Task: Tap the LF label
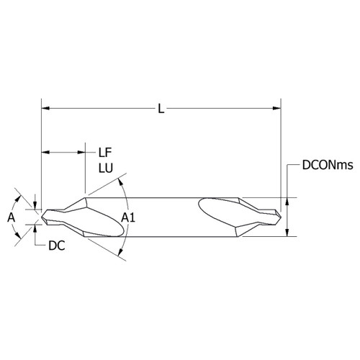point(104,152)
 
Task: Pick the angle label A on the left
point(10,215)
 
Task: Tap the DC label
point(57,246)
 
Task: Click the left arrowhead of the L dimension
point(46,109)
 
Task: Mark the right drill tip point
point(280,214)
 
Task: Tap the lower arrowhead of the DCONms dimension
point(288,231)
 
